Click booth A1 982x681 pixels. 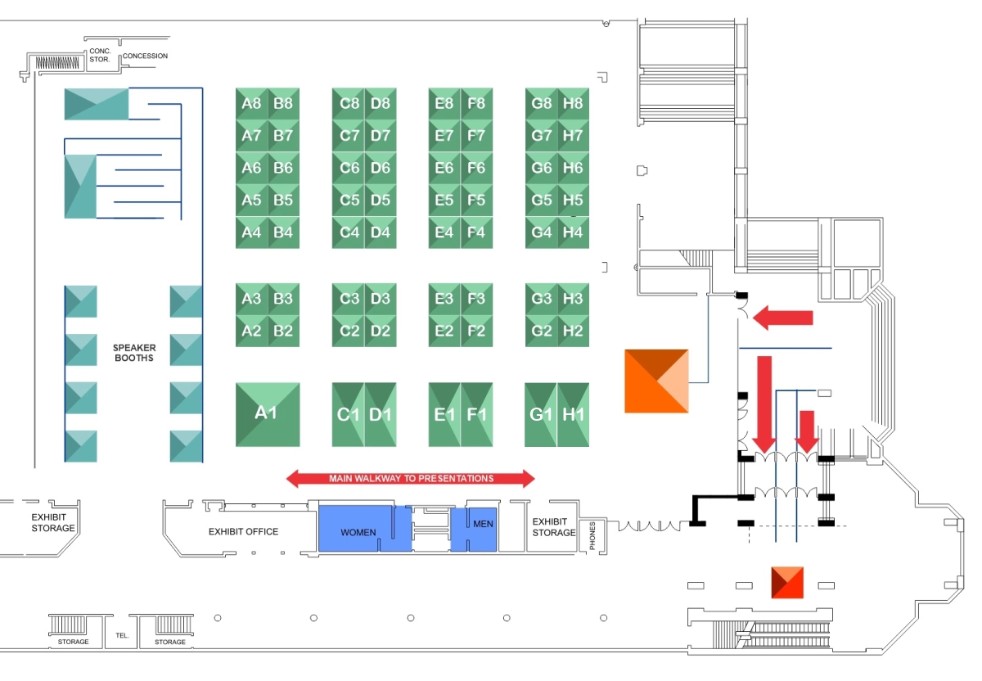point(268,414)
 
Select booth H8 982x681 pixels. point(573,104)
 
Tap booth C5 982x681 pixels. point(349,201)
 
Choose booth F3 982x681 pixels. point(476,299)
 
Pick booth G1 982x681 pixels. point(541,414)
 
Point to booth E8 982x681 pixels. point(444,104)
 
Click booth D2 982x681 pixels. point(381,331)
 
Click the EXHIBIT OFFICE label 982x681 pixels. point(243,532)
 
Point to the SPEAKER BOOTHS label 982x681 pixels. point(134,353)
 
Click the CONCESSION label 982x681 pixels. point(145,56)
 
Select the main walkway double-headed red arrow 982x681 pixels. point(411,478)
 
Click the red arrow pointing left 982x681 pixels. point(783,318)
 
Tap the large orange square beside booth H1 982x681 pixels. point(656,381)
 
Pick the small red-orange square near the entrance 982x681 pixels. point(787,582)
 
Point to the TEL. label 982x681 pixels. point(123,635)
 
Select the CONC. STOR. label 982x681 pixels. point(100,55)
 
